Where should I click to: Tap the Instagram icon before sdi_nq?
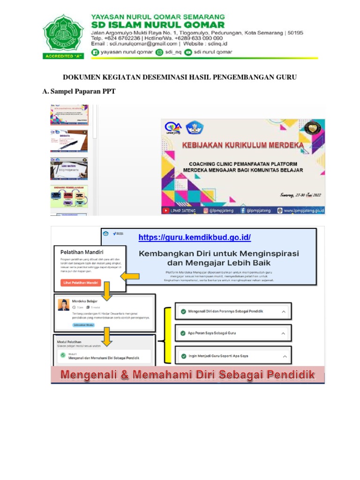[159, 52]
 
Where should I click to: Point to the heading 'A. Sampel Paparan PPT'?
[79, 91]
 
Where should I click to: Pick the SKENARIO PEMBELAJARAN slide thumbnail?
[69, 196]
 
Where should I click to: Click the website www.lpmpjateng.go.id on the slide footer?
[303, 210]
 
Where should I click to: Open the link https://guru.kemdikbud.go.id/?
[195, 237]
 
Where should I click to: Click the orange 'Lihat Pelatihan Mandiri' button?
[81, 283]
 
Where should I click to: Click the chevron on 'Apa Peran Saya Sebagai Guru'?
[283, 333]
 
